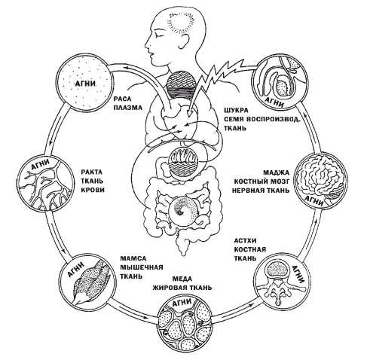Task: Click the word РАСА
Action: coord(122,99)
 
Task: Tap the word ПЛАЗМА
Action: coord(128,108)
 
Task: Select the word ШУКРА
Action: coord(236,110)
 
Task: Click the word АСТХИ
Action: coord(246,241)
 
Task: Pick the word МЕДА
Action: coord(182,279)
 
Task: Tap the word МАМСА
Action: coord(133,258)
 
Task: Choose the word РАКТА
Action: coord(92,172)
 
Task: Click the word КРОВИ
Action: coord(93,190)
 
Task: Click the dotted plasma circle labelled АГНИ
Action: coord(84,84)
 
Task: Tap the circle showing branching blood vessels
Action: coord(44,182)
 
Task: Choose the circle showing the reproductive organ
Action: coord(280,83)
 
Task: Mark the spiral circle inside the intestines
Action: coord(184,210)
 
